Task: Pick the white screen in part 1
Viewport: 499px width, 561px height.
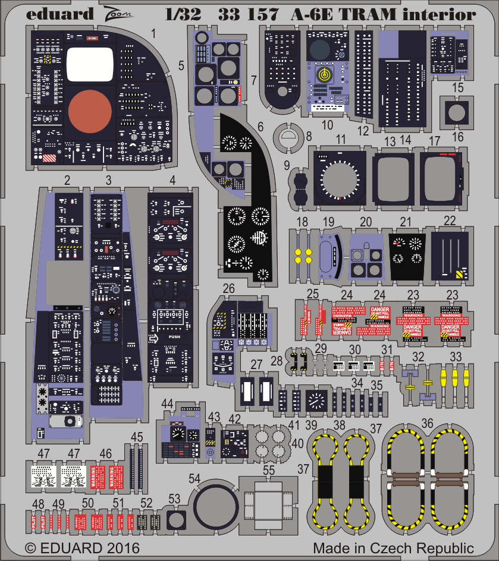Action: click(x=90, y=64)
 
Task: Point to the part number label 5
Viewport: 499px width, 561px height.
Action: click(x=180, y=66)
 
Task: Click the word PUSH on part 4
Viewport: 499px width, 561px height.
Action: click(x=174, y=336)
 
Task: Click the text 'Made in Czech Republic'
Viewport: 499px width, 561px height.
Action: click(x=393, y=547)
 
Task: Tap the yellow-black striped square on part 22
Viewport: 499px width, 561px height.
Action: click(x=459, y=275)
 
